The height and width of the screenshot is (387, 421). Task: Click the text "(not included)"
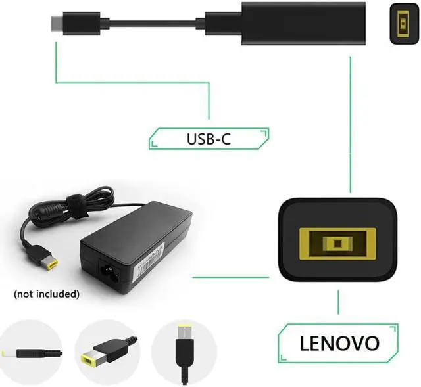[46, 294]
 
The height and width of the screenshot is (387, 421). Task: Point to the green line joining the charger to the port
[230, 277]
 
